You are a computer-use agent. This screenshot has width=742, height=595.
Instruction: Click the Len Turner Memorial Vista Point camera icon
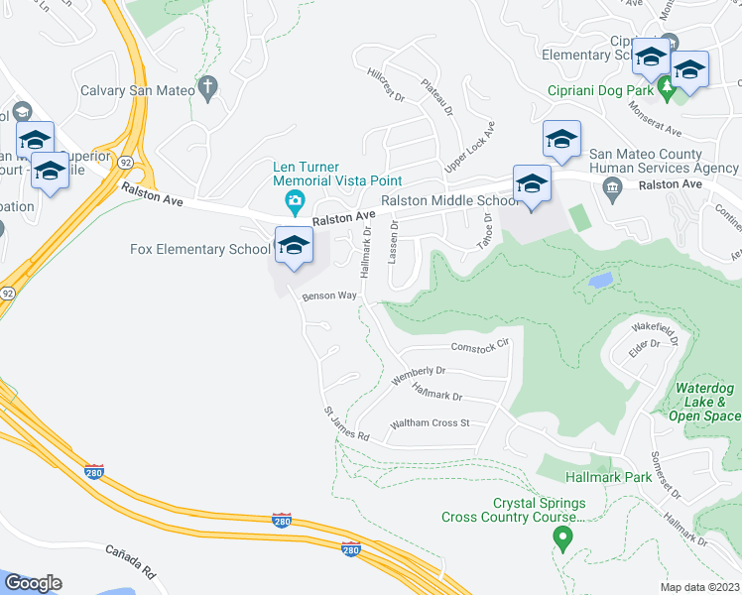tap(295, 204)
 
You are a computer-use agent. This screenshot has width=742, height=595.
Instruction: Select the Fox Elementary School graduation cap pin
tap(293, 247)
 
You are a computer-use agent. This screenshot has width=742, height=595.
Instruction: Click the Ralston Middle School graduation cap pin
tap(532, 184)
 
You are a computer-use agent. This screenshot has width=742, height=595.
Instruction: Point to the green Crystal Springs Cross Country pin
tap(562, 538)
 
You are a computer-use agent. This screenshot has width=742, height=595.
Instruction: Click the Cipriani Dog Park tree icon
tap(668, 89)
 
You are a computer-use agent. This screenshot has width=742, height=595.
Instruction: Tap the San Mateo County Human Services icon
tap(611, 187)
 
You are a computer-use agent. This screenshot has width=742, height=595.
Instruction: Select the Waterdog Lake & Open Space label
tap(708, 402)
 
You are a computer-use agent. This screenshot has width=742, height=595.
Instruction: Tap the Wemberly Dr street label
tap(419, 376)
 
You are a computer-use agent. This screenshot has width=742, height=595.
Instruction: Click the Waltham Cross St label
tap(430, 423)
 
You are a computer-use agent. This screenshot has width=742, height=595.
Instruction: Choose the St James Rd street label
tap(346, 424)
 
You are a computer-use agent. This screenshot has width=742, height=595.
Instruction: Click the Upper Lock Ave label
tap(469, 149)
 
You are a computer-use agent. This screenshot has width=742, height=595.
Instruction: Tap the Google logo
tap(34, 583)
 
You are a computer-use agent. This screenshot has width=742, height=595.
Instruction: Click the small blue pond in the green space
tap(599, 281)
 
